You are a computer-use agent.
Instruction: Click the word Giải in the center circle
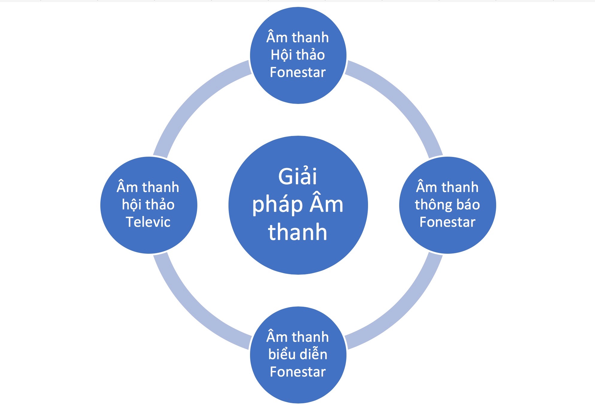pos(297,176)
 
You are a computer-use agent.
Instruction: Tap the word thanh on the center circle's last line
pos(297,232)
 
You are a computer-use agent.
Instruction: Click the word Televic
pos(148,222)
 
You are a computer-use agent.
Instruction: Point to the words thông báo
pos(447,205)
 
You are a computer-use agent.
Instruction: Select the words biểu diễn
pos(298,354)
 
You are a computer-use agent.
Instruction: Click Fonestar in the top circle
pos(298,72)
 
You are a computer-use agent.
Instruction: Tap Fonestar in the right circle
pos(447,222)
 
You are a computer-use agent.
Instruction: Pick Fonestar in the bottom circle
pos(298,372)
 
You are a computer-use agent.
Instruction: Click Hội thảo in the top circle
pos(298,55)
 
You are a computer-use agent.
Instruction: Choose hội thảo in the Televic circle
pos(148,205)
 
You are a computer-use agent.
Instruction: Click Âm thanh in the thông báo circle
pos(447,187)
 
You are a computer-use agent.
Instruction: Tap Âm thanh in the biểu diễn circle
pos(298,337)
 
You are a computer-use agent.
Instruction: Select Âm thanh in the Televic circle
pos(148,187)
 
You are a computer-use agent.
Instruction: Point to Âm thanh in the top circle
pos(298,37)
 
